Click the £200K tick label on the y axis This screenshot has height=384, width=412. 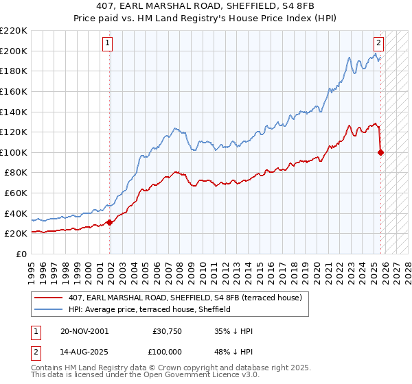tap(14, 51)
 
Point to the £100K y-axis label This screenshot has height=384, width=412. tap(14, 152)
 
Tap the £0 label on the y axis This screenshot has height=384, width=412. tap(21, 254)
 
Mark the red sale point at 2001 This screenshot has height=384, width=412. tap(110, 222)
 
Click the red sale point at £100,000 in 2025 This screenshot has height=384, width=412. tap(381, 152)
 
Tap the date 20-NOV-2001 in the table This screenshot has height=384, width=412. tap(84, 331)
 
